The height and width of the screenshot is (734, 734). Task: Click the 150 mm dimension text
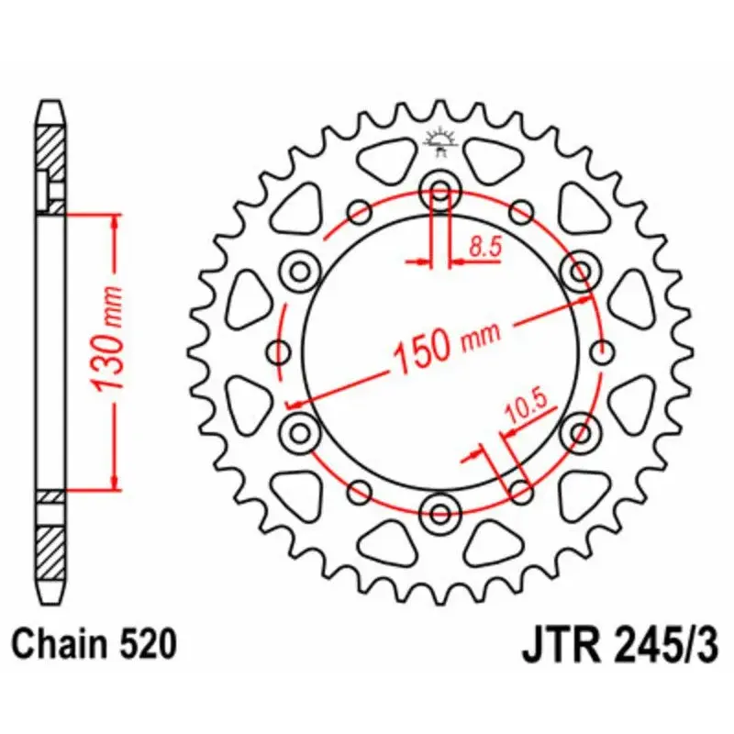(447, 344)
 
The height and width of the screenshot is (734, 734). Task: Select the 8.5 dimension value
(483, 246)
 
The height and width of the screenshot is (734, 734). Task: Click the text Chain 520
(92, 645)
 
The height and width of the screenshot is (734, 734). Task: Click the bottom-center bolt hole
(439, 511)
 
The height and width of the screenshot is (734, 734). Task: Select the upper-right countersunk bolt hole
(579, 272)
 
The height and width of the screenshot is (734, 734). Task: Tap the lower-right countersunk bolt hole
(579, 429)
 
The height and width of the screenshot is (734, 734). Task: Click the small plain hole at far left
(279, 351)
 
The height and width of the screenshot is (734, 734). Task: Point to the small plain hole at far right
(602, 351)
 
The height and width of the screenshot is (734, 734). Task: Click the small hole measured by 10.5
(519, 490)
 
